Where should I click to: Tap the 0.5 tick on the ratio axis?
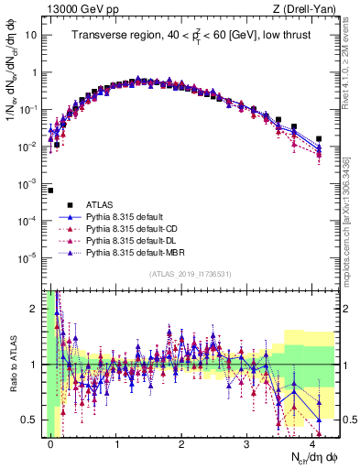(x=33, y=420)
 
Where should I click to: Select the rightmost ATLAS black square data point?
(x=319, y=139)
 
